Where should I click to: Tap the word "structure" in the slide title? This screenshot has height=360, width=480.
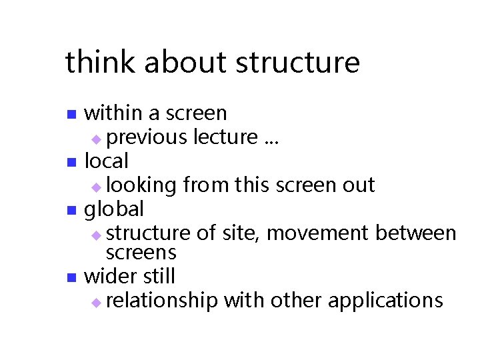(298, 63)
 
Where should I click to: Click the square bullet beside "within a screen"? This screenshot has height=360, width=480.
(73, 115)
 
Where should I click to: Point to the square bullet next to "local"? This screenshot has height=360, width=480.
(73, 162)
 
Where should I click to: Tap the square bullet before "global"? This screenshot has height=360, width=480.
(73, 211)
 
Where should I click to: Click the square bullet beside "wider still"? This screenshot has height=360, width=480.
(73, 277)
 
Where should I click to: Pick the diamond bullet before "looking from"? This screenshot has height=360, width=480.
(97, 187)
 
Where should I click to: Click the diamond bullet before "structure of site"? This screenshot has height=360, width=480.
(97, 235)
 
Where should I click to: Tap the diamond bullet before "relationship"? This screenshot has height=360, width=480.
(97, 302)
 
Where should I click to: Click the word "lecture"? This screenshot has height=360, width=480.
(225, 137)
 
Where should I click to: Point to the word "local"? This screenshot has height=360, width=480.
(107, 161)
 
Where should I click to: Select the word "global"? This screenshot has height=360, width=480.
(114, 209)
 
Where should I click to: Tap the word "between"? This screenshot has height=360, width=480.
(416, 233)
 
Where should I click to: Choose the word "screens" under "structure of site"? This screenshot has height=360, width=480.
(141, 253)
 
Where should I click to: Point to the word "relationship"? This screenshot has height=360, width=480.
(162, 301)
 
